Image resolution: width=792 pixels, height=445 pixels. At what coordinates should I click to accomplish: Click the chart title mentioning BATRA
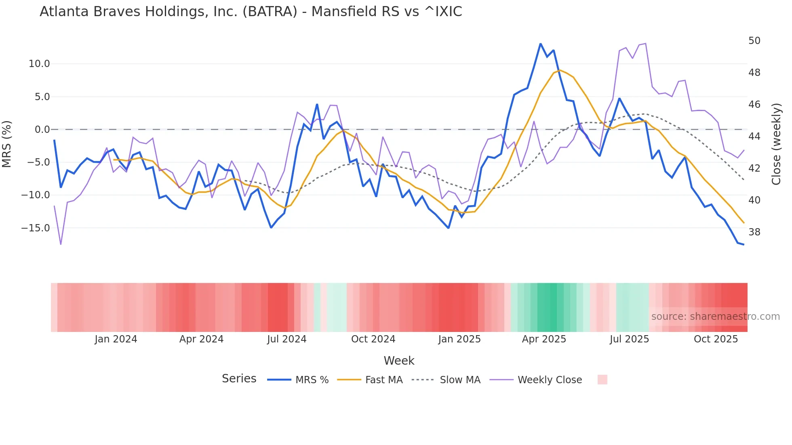(x=251, y=12)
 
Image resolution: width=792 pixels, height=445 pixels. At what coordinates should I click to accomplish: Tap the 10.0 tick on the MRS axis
(x=39, y=64)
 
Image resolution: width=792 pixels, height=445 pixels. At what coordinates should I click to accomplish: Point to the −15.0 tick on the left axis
(x=36, y=228)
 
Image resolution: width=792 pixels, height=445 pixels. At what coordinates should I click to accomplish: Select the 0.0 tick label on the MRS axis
(x=42, y=130)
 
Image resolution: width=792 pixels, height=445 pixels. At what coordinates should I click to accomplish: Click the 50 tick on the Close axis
(x=754, y=41)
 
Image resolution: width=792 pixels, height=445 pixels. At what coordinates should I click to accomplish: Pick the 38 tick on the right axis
(x=754, y=232)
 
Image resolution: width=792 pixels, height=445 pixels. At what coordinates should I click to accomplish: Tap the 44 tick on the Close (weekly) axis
(x=754, y=136)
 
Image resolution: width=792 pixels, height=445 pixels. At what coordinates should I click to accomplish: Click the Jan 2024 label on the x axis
(x=116, y=339)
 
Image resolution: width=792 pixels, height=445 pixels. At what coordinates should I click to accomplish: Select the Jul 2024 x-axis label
(x=287, y=339)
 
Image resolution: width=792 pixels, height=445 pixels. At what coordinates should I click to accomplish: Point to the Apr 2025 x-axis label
(x=544, y=339)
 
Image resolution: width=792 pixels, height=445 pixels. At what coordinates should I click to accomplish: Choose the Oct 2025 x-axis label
(x=716, y=339)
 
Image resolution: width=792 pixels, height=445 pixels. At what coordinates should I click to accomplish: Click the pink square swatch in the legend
(x=602, y=380)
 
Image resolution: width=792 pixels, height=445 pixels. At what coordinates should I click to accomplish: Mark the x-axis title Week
(x=399, y=361)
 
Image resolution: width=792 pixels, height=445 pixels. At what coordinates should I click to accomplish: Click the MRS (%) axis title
(x=7, y=144)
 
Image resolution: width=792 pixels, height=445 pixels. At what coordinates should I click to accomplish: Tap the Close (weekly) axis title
(x=776, y=144)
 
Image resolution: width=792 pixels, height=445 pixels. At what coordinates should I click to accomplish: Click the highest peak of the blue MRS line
(x=540, y=44)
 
